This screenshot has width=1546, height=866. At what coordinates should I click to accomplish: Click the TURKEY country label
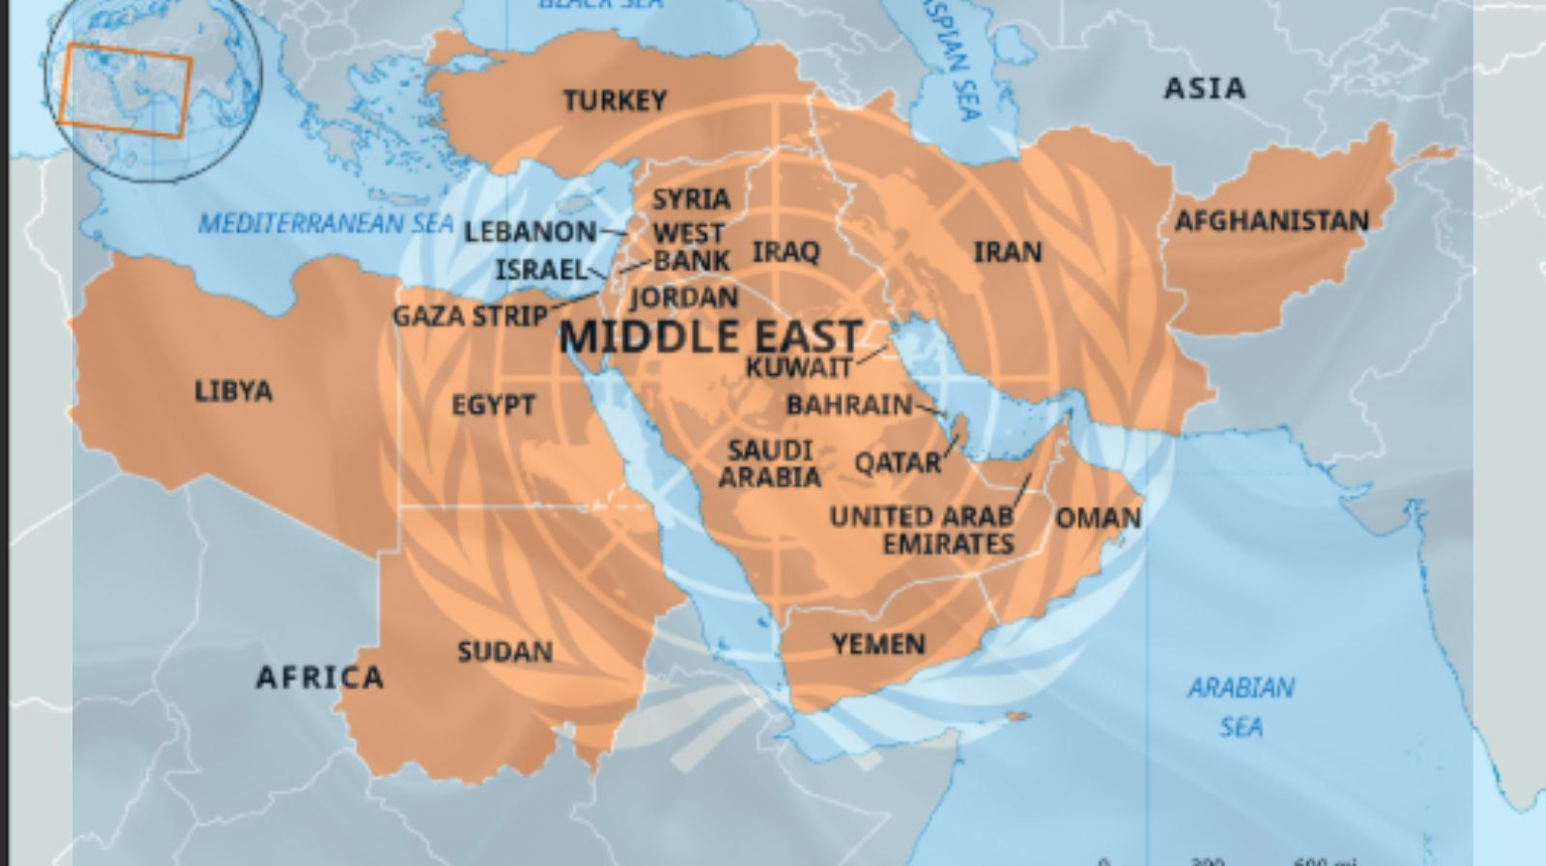point(615,101)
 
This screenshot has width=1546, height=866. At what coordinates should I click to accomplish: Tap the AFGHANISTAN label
point(1272,221)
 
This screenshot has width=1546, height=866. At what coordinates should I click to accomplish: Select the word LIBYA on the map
point(234,391)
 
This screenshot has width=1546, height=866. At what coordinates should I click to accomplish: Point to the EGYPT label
point(493,405)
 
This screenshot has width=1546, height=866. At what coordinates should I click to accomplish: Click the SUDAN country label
point(504,652)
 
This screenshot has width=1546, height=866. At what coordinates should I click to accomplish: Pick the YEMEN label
point(878,644)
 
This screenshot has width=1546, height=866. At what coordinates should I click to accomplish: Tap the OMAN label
point(1098,518)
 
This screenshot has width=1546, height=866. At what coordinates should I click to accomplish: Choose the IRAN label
point(1008,253)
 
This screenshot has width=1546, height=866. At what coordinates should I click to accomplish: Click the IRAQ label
point(786,252)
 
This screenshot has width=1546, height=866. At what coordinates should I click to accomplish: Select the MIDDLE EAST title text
point(710,336)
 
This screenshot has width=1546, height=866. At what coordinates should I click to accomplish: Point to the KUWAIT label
point(799,367)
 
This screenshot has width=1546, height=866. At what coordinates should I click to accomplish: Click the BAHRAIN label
point(849,405)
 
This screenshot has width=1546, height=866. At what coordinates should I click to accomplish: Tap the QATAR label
point(898,463)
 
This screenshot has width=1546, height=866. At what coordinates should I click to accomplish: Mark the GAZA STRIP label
point(470,316)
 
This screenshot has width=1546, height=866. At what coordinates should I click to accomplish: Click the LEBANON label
point(530,232)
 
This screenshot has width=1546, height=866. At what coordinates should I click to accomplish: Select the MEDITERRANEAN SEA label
point(326,224)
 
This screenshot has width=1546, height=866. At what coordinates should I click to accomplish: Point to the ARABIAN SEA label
point(1241,707)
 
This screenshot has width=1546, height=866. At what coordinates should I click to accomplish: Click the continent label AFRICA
point(320,678)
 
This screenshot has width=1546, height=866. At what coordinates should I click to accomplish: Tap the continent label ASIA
point(1205,89)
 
